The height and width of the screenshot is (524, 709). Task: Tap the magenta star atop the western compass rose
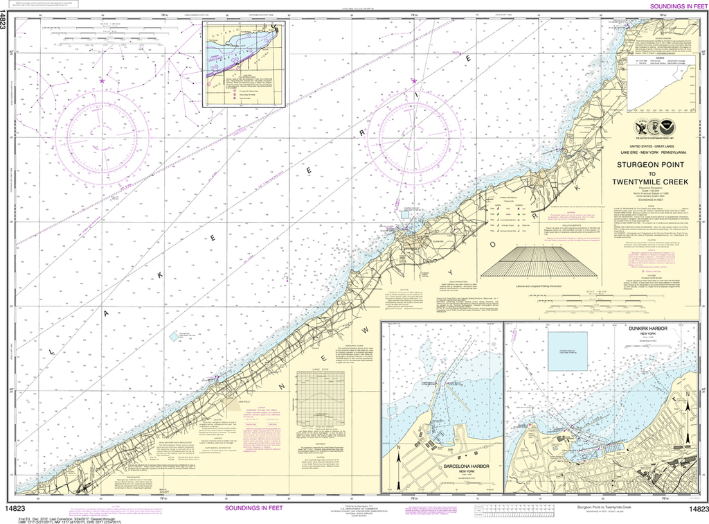[102, 81]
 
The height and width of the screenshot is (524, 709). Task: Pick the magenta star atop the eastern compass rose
[414, 81]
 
